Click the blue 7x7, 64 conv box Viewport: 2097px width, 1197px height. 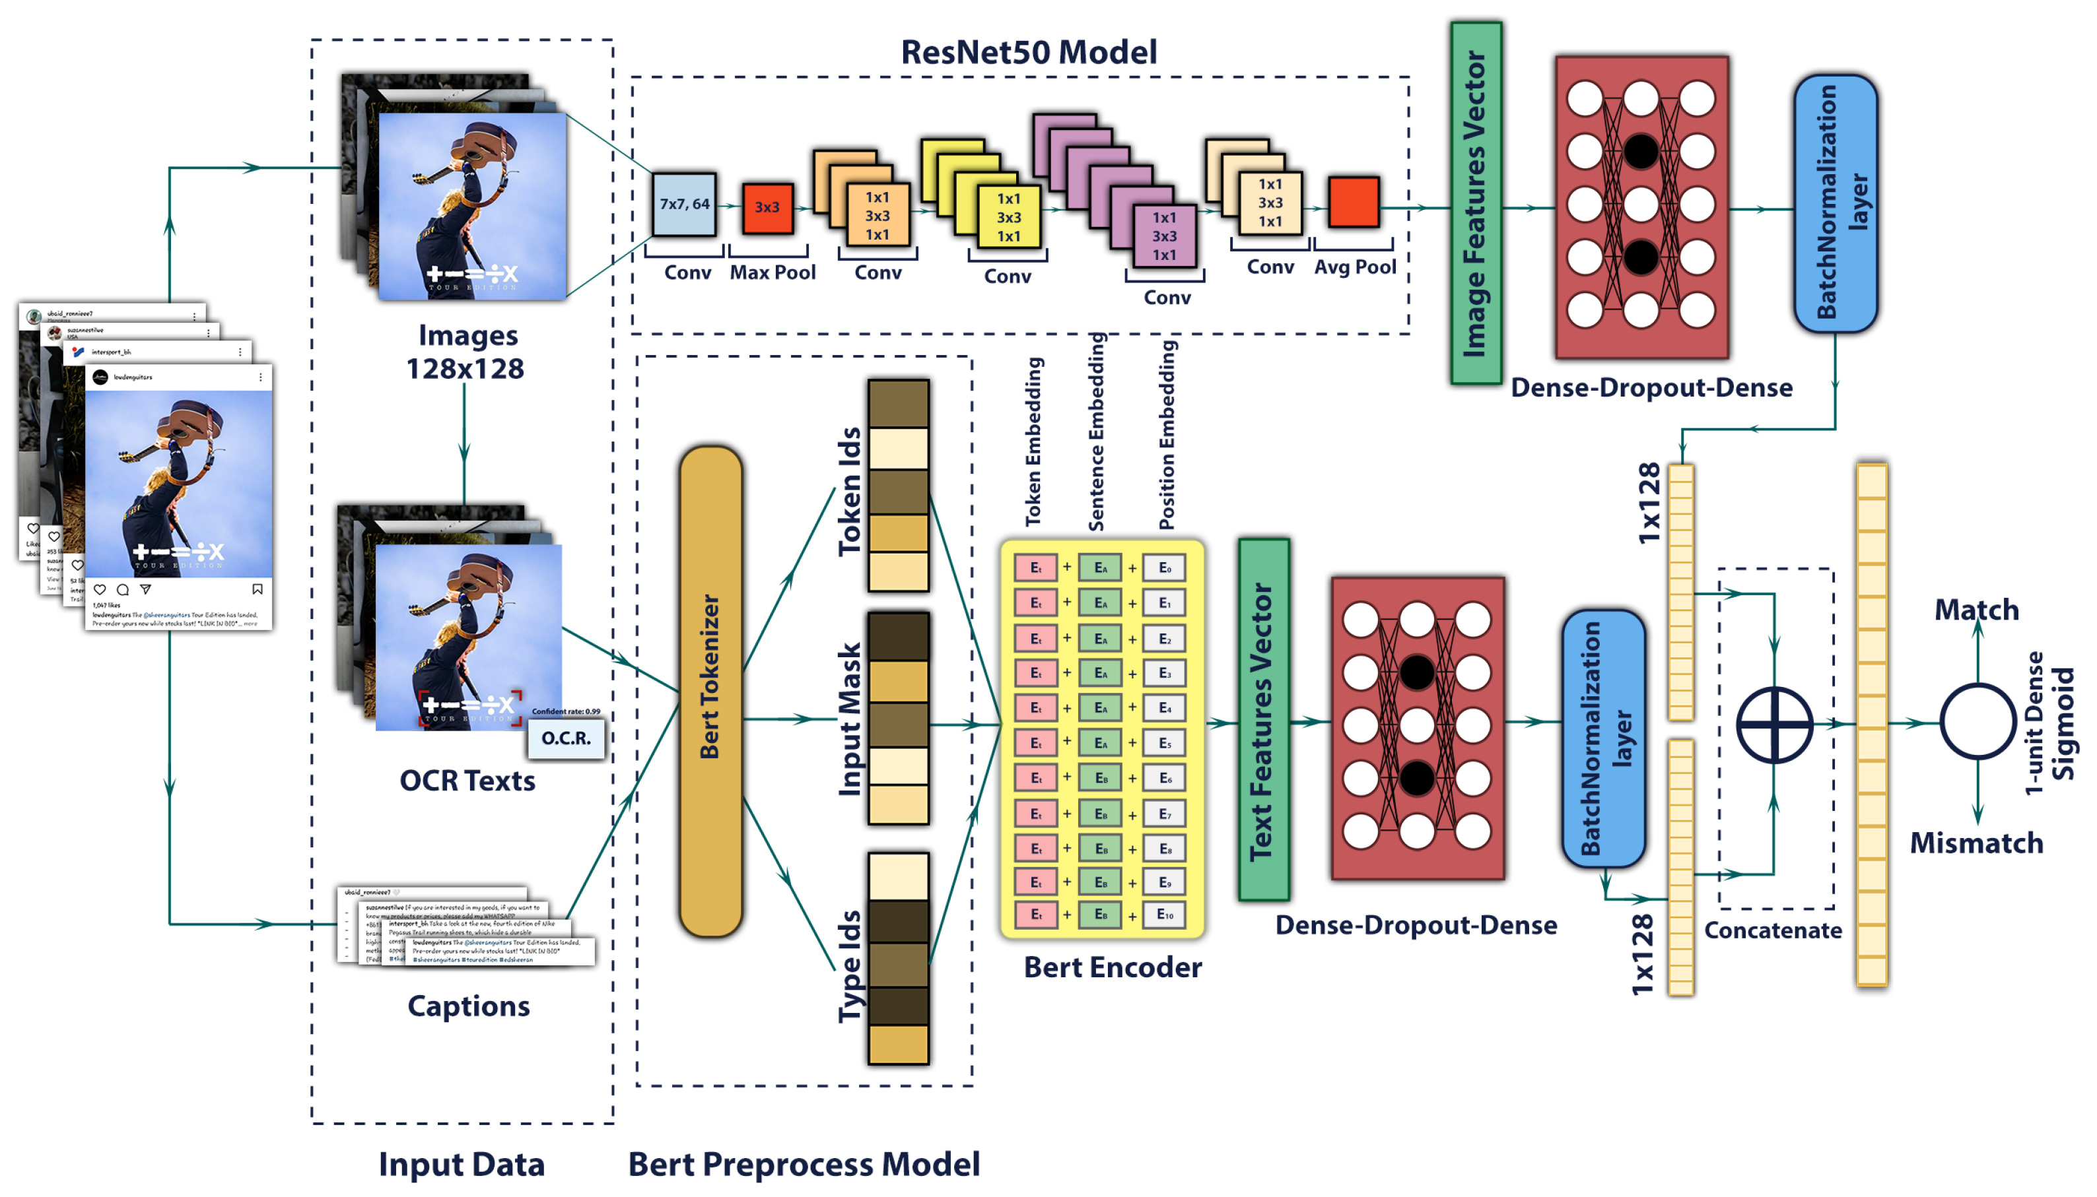coord(683,204)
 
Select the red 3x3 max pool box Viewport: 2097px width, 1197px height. coord(767,207)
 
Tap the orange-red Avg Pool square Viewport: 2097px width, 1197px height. coord(1353,201)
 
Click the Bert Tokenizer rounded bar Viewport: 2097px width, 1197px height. coord(710,691)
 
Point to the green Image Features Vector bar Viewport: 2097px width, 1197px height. coord(1475,203)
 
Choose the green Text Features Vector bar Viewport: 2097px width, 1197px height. coord(1263,720)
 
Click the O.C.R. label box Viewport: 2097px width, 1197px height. coord(566,738)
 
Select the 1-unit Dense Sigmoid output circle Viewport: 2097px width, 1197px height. coord(1976,721)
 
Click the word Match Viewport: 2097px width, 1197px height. coord(1976,609)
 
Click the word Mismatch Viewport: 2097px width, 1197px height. coord(1976,843)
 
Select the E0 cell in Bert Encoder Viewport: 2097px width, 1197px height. coord(1165,567)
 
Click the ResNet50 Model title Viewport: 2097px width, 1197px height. coord(1028,51)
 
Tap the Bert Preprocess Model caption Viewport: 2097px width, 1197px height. coord(804,1164)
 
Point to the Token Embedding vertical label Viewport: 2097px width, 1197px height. coord(1033,441)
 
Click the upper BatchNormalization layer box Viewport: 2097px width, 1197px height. coord(1835,203)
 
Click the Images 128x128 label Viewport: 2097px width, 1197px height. coord(465,352)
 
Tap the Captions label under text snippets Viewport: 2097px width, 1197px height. coord(469,1006)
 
